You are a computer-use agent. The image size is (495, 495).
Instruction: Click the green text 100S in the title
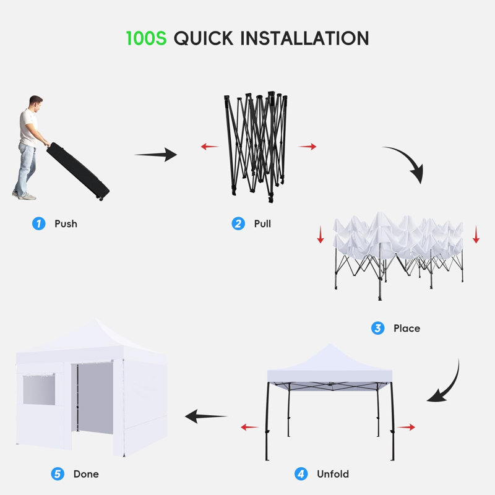pos(146,38)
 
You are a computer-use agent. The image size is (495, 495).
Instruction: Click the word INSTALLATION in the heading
pos(304,38)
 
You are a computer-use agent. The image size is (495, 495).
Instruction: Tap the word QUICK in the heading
pos(204,38)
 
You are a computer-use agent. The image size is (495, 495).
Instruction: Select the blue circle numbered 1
pos(39,223)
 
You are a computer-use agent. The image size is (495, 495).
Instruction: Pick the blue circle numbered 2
pos(238,223)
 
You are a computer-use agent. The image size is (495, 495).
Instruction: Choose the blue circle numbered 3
pos(378,328)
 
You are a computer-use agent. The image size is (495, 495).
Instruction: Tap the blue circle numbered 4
pos(301,473)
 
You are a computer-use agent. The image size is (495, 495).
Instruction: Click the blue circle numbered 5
pos(58,473)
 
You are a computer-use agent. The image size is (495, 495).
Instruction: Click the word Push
pos(66,223)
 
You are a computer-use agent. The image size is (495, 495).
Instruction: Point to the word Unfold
pos(333,473)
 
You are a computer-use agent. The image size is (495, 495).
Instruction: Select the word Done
pos(86,473)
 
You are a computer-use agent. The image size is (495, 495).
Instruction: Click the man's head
pos(36,103)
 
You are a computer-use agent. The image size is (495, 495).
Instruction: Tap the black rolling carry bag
pos(78,171)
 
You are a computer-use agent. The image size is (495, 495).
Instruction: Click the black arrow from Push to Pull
pos(156,154)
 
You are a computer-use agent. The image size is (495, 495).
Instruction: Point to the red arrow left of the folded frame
pos(210,147)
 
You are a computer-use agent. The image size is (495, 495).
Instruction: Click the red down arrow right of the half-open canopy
pos(476,235)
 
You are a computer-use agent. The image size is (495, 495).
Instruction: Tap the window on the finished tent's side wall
pos(39,390)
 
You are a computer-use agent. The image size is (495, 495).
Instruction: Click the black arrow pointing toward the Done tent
pos(206,416)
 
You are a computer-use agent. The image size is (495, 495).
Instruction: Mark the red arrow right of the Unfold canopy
pos(406,427)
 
